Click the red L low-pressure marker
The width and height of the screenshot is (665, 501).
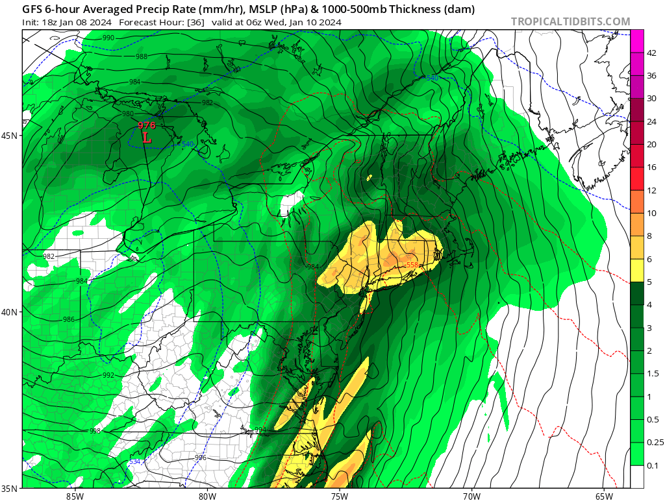pyautogui.click(x=147, y=138)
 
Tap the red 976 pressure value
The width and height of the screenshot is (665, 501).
pyautogui.click(x=147, y=125)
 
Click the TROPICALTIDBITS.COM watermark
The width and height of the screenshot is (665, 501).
pyautogui.click(x=570, y=22)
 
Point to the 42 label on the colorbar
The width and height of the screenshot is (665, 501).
pyautogui.click(x=638, y=53)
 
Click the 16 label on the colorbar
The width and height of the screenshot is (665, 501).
pyautogui.click(x=638, y=167)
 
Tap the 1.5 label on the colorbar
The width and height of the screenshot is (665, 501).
pyautogui.click(x=638, y=373)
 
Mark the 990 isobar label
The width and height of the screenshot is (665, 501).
pyautogui.click(x=108, y=38)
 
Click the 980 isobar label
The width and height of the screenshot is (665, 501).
pyautogui.click(x=128, y=114)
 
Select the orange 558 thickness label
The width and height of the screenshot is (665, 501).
pyautogui.click(x=412, y=265)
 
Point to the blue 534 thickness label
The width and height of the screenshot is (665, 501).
pyautogui.click(x=134, y=461)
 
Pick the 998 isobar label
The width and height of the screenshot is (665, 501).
pyautogui.click(x=95, y=430)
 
